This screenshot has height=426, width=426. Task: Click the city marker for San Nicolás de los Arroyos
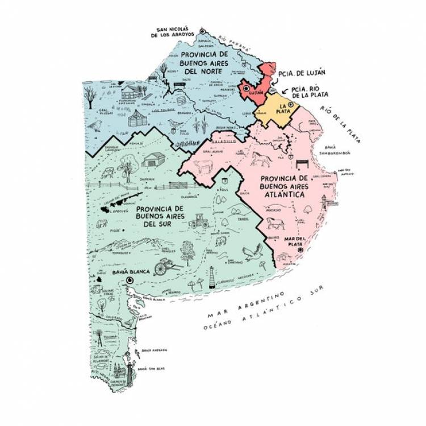click(x=202, y=31)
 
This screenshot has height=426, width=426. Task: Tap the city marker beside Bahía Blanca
click(x=130, y=280)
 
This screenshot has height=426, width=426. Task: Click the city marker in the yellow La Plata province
click(x=291, y=105)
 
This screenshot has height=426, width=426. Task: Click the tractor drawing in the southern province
click(x=199, y=222)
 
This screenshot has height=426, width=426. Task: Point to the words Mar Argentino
click(x=246, y=306)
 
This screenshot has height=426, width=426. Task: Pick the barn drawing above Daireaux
click(x=152, y=161)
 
